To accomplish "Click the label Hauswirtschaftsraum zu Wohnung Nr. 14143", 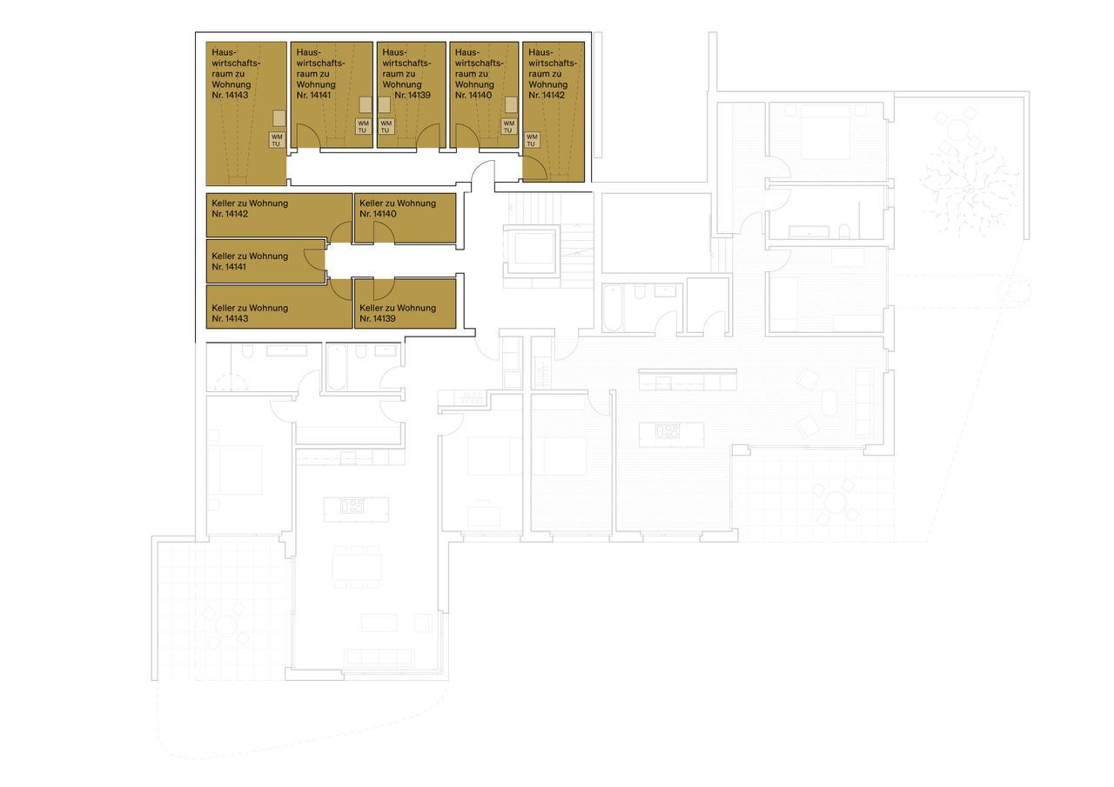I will point(231,74).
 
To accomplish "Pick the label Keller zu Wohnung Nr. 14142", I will point(250,208).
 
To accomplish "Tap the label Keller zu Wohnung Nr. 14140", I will point(398,208).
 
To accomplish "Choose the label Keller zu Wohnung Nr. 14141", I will point(250,261).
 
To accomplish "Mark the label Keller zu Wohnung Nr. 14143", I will point(250,313).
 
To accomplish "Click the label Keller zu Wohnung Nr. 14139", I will point(398,313).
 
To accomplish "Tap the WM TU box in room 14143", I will point(277,139).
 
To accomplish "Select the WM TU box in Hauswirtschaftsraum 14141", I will point(363,127).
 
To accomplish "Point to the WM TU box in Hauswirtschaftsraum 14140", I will point(509,127).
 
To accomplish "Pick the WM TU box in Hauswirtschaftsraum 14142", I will point(532,139).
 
